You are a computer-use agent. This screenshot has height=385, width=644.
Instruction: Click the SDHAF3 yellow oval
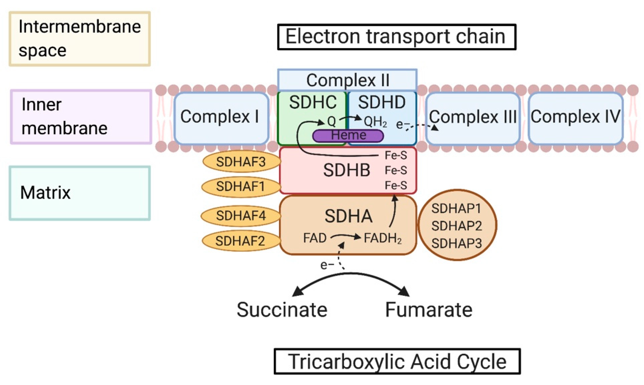click(x=241, y=162)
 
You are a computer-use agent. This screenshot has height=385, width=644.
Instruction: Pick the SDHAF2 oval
click(x=241, y=241)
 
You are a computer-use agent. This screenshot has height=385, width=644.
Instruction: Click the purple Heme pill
click(x=348, y=136)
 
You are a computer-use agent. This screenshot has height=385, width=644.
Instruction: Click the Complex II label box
click(x=347, y=80)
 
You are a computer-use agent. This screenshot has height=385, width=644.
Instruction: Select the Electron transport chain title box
click(x=396, y=37)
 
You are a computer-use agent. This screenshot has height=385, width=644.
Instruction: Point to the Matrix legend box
click(x=80, y=193)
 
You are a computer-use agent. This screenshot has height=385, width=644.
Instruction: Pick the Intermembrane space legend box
click(x=80, y=39)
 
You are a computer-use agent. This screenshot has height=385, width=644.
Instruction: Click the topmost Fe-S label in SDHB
click(x=396, y=155)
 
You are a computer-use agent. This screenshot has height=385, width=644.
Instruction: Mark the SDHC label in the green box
click(x=313, y=102)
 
